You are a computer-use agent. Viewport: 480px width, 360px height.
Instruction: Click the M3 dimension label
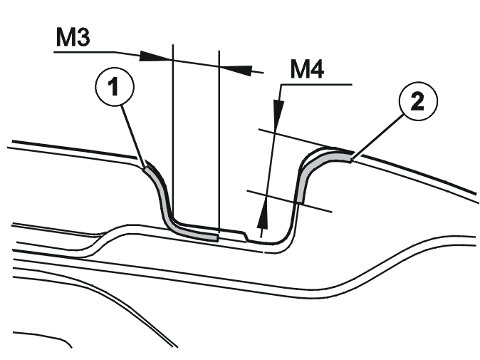[73, 37]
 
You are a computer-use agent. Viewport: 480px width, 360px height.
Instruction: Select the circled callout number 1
[115, 86]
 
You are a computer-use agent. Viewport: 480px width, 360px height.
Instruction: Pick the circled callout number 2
[418, 101]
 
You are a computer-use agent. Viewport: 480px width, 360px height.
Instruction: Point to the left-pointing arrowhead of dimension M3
[236, 70]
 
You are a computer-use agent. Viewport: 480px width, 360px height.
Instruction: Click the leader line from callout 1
[133, 135]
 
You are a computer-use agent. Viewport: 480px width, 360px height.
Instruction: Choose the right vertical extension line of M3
[219, 140]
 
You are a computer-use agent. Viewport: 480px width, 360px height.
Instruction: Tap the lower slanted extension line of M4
[289, 201]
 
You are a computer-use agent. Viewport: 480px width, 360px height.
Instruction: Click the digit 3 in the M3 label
[82, 37]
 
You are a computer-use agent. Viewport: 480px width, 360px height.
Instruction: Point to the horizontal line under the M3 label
[85, 52]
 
